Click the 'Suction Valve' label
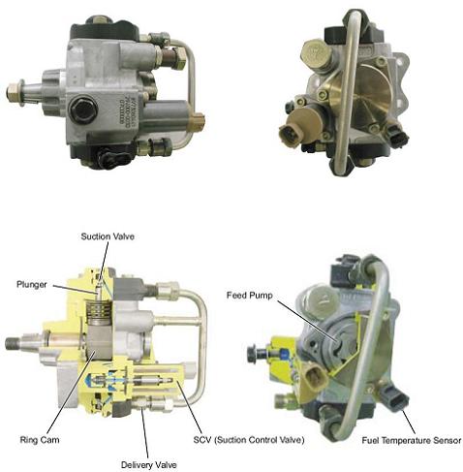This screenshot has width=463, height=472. coord(108,236)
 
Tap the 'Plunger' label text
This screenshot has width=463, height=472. coord(32,285)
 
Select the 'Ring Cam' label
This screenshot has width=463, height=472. coord(40,440)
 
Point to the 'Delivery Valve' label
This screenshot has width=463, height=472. coord(149,465)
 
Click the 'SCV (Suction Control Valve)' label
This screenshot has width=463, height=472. coord(249,440)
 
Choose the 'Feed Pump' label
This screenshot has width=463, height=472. coord(250,296)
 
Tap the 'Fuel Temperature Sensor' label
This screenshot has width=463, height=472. coord(412,440)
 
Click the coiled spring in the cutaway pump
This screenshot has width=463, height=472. coord(98,311)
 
